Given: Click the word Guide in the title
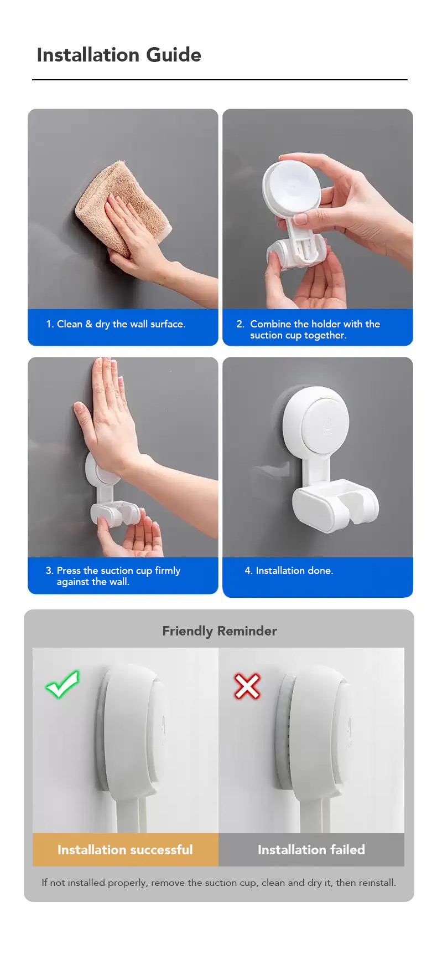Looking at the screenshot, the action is click(174, 55).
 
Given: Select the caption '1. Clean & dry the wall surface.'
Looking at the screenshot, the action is click(116, 324).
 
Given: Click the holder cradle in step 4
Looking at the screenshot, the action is click(336, 505).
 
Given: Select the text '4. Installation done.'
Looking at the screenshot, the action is click(289, 571).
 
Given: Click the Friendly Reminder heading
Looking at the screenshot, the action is click(220, 631).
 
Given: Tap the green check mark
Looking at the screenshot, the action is click(63, 685).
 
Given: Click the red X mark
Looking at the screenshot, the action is click(247, 686).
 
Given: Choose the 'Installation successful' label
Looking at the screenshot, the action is click(125, 850).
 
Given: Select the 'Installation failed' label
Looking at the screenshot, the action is click(311, 850).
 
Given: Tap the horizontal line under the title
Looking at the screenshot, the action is click(220, 80).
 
